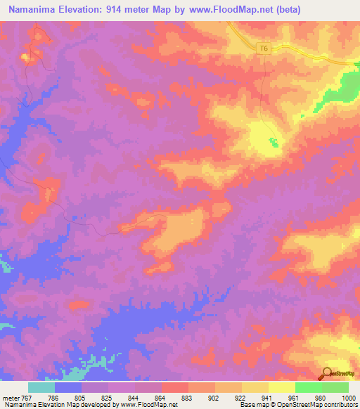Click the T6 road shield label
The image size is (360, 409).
pyautogui.click(x=264, y=48)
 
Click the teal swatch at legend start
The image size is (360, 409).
pyautogui.click(x=41, y=387)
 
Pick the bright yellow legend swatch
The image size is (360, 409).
pyautogui.click(x=282, y=387)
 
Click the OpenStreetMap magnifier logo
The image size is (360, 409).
pyautogui.click(x=327, y=372)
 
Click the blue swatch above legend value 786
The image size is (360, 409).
pyautogui.click(x=68, y=387)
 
